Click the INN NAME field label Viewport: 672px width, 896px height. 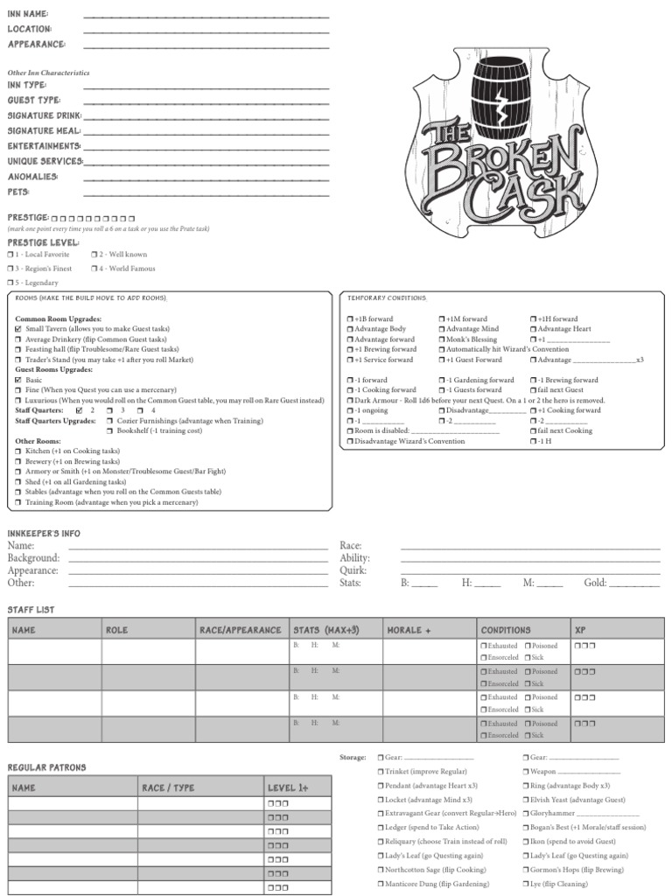tap(28, 15)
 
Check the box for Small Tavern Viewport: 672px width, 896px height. tap(18, 329)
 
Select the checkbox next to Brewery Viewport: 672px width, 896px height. tap(18, 462)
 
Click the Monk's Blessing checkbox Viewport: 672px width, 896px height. tap(442, 339)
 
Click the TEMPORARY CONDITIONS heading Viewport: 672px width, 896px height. tap(387, 298)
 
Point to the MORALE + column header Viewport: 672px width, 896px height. tap(409, 630)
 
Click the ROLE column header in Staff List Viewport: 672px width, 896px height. tap(116, 630)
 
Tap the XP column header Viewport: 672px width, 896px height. tap(580, 630)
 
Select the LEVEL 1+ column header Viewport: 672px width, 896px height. tap(287, 788)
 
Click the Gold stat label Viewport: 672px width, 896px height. tap(595, 583)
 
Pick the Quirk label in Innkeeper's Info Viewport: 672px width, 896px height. tap(353, 570)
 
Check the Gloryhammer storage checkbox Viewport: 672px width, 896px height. tap(526, 813)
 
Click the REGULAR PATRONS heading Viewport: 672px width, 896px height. tap(46, 767)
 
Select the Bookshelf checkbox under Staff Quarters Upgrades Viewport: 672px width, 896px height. tap(109, 430)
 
